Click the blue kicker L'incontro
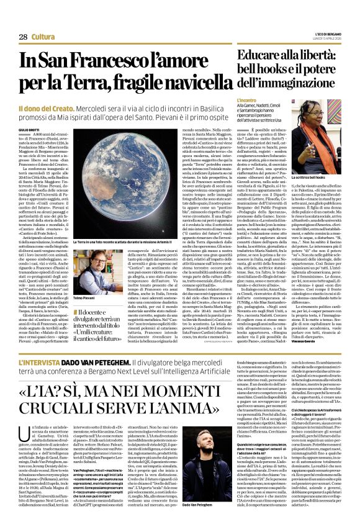[x=246, y=100]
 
